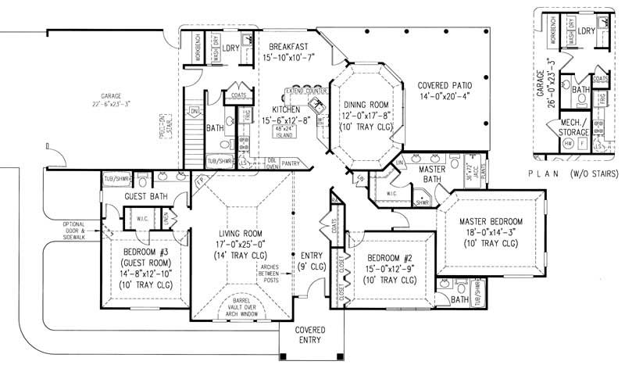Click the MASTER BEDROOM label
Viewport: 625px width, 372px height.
491,221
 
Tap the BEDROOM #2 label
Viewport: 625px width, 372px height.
383,259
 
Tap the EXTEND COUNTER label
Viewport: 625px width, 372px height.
305,91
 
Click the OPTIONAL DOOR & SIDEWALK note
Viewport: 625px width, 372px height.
79,228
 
